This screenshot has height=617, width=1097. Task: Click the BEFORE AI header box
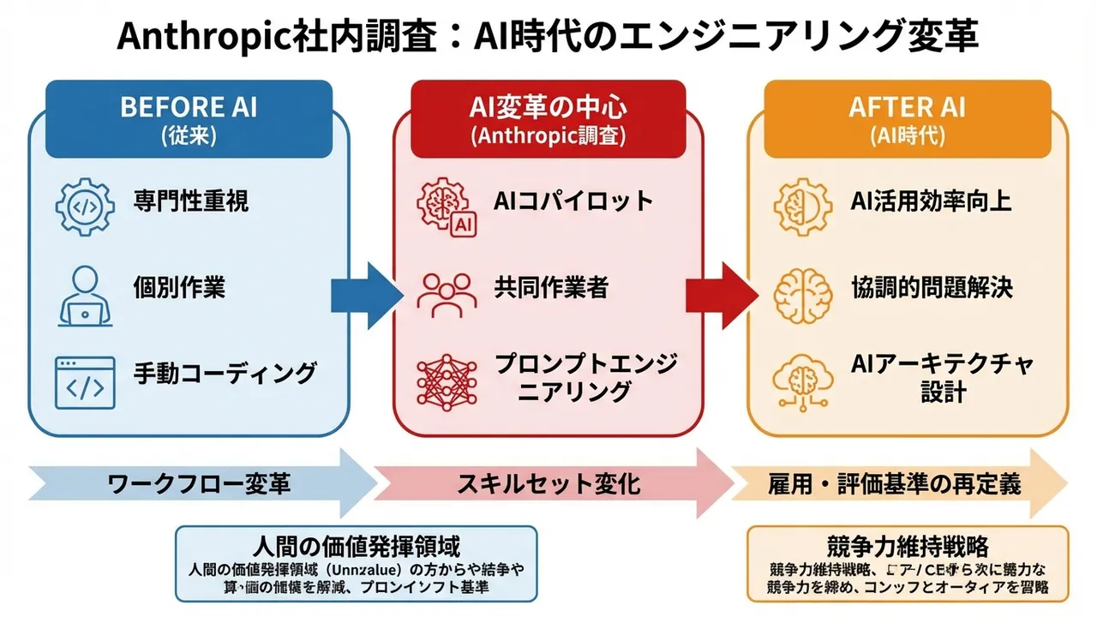click(189, 118)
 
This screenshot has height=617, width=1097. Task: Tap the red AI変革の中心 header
click(548, 118)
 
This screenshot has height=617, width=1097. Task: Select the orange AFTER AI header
click(907, 118)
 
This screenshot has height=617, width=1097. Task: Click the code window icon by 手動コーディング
click(85, 382)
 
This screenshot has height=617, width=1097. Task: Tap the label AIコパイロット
click(573, 201)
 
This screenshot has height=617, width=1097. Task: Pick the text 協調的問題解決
click(931, 287)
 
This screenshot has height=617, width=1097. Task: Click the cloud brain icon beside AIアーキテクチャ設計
click(803, 382)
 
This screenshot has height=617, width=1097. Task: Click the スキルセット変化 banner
click(548, 483)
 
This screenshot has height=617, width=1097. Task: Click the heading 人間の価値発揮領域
click(357, 546)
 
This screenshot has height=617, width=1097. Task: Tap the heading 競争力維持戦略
click(908, 546)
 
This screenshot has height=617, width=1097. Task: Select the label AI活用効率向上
click(931, 201)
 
